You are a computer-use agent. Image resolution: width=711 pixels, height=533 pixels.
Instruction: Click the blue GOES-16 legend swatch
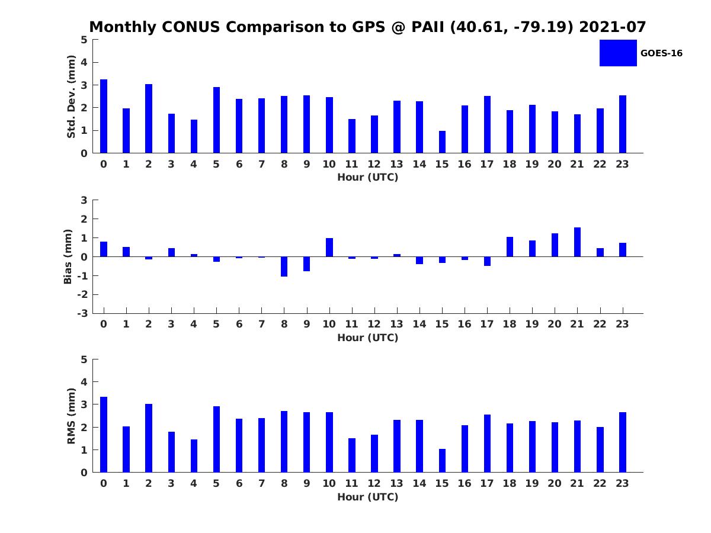[618, 53]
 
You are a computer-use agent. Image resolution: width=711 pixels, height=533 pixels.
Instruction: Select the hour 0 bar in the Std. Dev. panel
[103, 116]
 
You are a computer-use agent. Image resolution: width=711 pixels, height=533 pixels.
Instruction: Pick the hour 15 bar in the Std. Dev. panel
[442, 142]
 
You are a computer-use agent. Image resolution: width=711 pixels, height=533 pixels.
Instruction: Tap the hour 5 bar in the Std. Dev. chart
[216, 120]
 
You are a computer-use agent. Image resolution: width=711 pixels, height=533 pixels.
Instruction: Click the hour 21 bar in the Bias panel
[577, 242]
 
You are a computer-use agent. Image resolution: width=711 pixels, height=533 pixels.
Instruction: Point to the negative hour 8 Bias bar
[284, 266]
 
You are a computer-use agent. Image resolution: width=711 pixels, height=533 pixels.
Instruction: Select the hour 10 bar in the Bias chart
[329, 247]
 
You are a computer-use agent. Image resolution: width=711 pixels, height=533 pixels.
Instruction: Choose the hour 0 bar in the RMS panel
[103, 434]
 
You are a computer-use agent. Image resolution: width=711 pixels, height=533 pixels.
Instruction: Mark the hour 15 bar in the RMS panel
[442, 460]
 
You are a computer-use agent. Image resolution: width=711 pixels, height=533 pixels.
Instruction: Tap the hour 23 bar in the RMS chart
[622, 442]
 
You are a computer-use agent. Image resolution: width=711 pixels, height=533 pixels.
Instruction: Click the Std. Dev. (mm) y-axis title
[71, 97]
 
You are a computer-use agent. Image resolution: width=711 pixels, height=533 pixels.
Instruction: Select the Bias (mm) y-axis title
[68, 256]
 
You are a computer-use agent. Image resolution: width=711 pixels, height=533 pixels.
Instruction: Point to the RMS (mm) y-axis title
[71, 416]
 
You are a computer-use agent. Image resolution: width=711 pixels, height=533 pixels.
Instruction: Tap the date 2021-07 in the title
[612, 27]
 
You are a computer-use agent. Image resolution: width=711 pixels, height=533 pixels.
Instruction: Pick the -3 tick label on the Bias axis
[82, 313]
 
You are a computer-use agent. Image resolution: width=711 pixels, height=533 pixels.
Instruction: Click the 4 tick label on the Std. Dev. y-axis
[84, 62]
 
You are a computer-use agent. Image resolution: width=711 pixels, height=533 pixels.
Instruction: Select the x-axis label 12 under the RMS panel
[374, 483]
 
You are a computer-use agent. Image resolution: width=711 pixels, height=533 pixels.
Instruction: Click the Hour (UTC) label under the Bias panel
[368, 338]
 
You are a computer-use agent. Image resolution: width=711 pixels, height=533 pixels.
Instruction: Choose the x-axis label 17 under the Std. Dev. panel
[486, 164]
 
